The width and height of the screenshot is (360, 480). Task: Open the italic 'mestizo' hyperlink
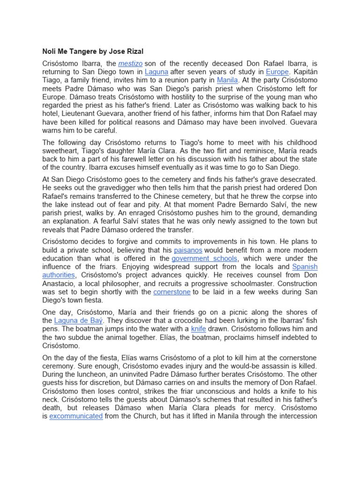(x=130, y=63)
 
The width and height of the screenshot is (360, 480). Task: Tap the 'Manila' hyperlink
(x=227, y=80)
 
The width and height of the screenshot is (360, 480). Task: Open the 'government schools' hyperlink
(x=204, y=258)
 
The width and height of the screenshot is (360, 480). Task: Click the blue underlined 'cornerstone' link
(x=172, y=292)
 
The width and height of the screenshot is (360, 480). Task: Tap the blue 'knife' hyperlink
(x=198, y=329)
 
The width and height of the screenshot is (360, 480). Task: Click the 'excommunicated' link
(x=76, y=416)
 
